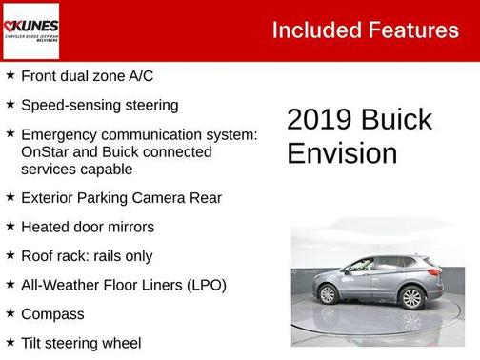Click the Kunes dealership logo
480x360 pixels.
[31, 30]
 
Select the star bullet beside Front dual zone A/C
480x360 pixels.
[10, 74]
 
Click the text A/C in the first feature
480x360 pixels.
[139, 75]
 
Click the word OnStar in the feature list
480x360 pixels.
[46, 151]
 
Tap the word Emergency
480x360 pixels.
[62, 134]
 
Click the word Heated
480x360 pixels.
[46, 227]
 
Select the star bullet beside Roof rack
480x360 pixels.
[10, 255]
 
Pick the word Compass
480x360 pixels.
[52, 313]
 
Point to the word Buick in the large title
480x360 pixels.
[397, 120]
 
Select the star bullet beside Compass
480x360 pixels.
[10, 312]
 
